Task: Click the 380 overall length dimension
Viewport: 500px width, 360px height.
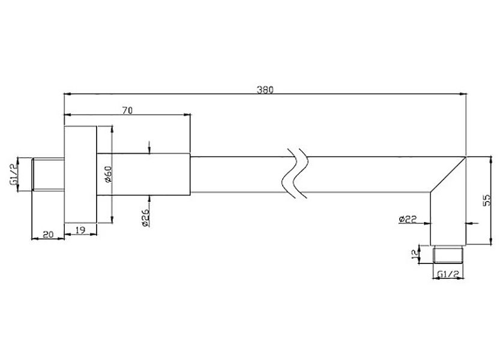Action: tap(265, 90)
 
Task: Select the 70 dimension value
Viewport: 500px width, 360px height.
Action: tap(127, 110)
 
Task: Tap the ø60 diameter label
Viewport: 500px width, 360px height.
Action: tap(106, 174)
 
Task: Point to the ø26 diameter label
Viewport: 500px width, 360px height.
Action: tap(145, 218)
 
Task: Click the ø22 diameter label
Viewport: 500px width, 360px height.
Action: tap(407, 220)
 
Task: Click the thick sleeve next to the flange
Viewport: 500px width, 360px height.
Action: tap(143, 174)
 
